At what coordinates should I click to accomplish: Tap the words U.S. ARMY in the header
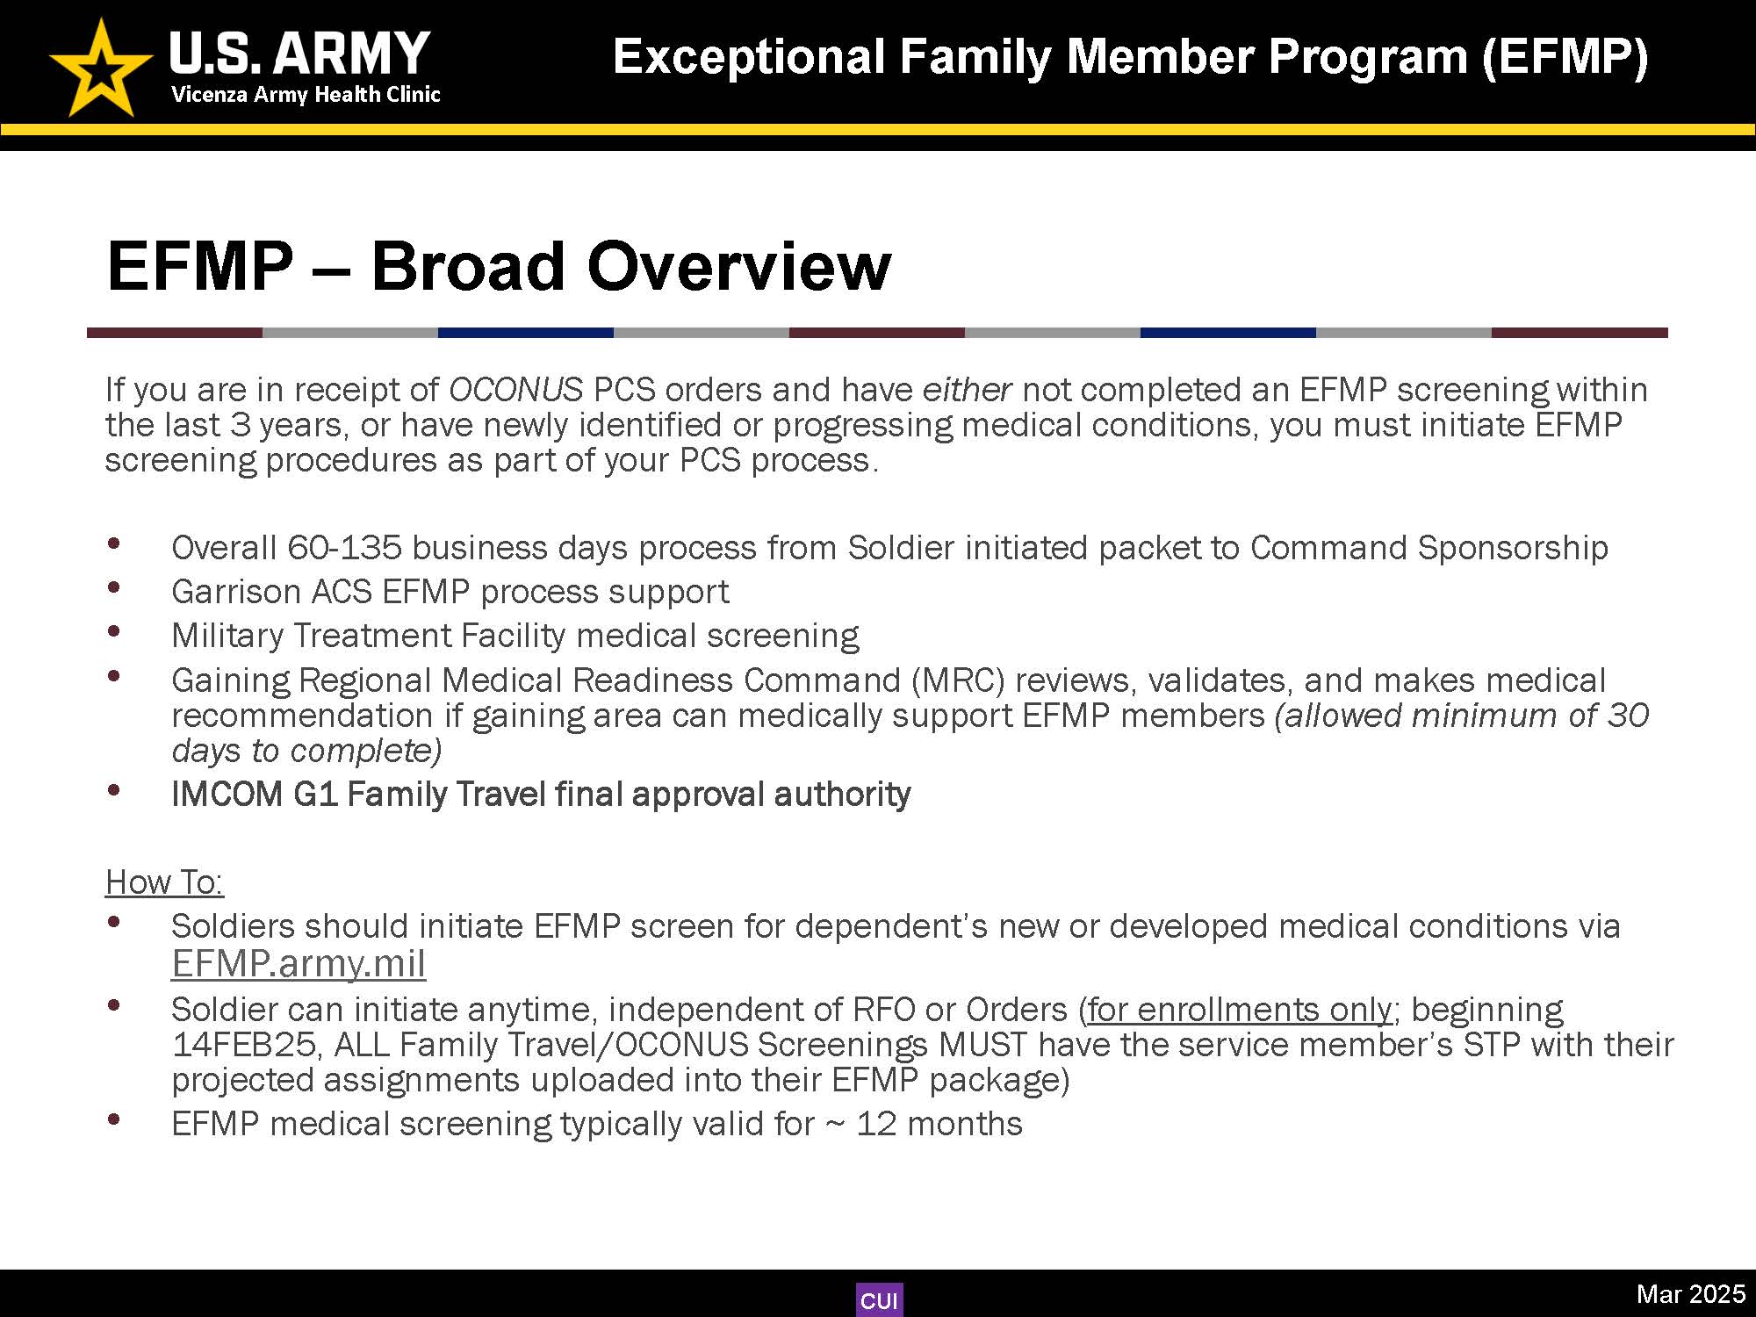[x=299, y=53]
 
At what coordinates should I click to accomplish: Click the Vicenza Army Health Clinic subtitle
[x=306, y=95]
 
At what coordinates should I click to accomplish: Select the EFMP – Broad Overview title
[x=499, y=265]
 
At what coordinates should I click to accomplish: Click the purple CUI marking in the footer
[x=879, y=1300]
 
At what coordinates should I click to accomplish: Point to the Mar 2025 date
[x=1690, y=1293]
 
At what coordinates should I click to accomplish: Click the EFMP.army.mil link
[x=299, y=963]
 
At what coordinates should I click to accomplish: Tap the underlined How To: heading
[x=164, y=882]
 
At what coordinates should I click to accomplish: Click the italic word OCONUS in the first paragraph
[x=515, y=389]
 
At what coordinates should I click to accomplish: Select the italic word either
[x=967, y=389]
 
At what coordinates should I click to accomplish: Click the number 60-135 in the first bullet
[x=344, y=548]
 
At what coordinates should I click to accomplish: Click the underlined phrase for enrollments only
[x=1240, y=1010]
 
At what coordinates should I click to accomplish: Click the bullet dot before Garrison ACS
[x=113, y=587]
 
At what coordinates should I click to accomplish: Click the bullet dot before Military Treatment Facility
[x=113, y=631]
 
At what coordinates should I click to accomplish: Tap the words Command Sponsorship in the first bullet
[x=1429, y=548]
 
